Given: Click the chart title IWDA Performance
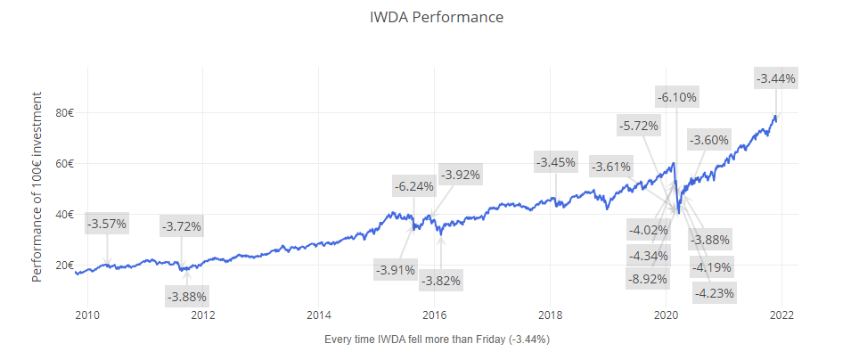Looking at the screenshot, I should click(x=437, y=17).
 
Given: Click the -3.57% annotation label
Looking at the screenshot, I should click(x=107, y=223).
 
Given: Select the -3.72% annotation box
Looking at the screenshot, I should click(x=182, y=226).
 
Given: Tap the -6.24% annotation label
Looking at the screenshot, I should click(x=414, y=186).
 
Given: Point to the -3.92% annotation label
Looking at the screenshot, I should click(x=461, y=175).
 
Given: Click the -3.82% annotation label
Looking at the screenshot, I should click(x=441, y=280).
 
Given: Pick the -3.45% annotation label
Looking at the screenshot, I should click(x=555, y=162).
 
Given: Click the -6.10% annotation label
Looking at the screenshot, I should click(x=677, y=96).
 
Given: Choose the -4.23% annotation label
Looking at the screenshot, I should click(x=717, y=292).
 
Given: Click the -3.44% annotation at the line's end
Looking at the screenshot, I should click(x=775, y=78).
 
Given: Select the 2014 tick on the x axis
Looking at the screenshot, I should click(x=319, y=315).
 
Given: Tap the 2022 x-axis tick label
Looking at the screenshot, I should click(x=781, y=315).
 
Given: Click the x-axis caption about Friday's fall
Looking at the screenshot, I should click(x=437, y=340).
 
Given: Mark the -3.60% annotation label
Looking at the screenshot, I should click(x=708, y=140).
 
